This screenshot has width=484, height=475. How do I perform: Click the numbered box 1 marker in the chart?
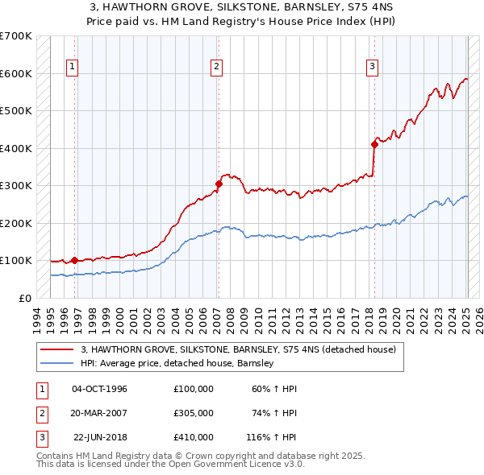[73, 67]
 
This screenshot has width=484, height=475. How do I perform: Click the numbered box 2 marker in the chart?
[217, 67]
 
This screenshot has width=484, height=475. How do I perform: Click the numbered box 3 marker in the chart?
[372, 67]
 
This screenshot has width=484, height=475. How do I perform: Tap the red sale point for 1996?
[74, 260]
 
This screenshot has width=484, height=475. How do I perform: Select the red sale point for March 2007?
[219, 184]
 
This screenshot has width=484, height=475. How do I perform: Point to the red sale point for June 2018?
[374, 144]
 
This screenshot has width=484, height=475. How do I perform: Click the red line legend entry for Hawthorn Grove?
[238, 349]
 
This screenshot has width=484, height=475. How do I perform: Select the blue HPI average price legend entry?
[177, 363]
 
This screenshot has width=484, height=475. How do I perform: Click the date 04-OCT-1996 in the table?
[99, 389]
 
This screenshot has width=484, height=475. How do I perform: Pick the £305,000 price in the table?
[193, 413]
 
